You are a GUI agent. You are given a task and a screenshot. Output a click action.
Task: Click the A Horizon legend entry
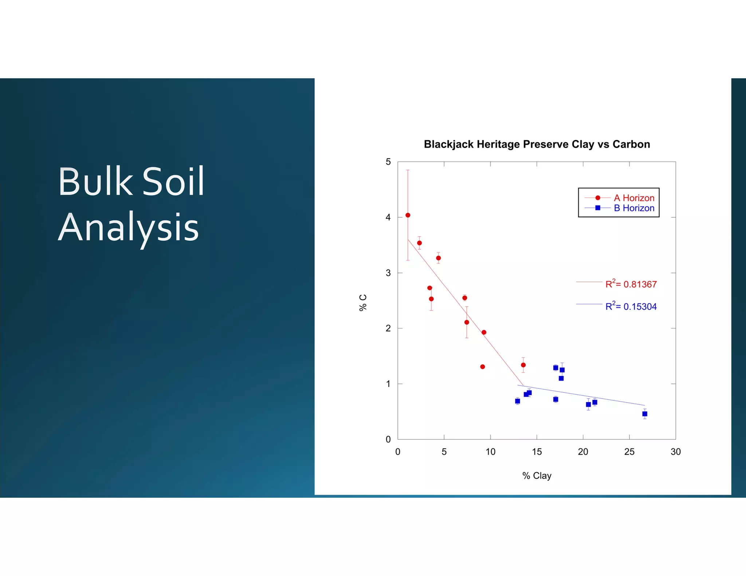click(x=633, y=198)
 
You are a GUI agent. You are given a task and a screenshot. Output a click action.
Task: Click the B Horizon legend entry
click(x=633, y=208)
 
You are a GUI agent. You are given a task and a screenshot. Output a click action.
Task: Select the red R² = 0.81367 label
click(x=631, y=284)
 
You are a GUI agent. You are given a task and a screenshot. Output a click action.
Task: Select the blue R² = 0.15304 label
click(x=631, y=306)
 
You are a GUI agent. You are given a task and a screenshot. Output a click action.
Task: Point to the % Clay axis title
click(x=537, y=476)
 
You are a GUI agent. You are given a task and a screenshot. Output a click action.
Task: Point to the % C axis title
click(x=363, y=303)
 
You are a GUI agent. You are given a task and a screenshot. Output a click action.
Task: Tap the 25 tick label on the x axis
click(x=629, y=452)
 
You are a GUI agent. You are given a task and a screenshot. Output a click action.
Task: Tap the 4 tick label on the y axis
click(x=388, y=217)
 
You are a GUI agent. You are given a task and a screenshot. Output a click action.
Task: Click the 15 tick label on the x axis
click(x=537, y=452)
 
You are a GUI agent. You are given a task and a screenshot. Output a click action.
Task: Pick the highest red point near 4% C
click(x=408, y=215)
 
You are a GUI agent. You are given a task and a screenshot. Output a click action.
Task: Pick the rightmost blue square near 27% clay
click(x=644, y=414)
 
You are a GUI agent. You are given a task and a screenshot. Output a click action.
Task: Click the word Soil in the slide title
click(x=173, y=181)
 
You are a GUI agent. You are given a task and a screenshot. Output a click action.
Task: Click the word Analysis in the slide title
click(x=128, y=228)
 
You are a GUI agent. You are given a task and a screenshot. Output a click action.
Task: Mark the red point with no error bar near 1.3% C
click(x=482, y=367)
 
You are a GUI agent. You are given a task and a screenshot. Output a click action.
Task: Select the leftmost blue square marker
click(x=517, y=401)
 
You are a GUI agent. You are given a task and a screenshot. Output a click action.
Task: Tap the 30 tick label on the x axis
click(x=675, y=452)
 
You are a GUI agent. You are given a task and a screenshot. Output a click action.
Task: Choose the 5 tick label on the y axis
click(x=388, y=162)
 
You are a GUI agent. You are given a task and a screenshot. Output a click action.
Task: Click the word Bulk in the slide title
click(x=95, y=181)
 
